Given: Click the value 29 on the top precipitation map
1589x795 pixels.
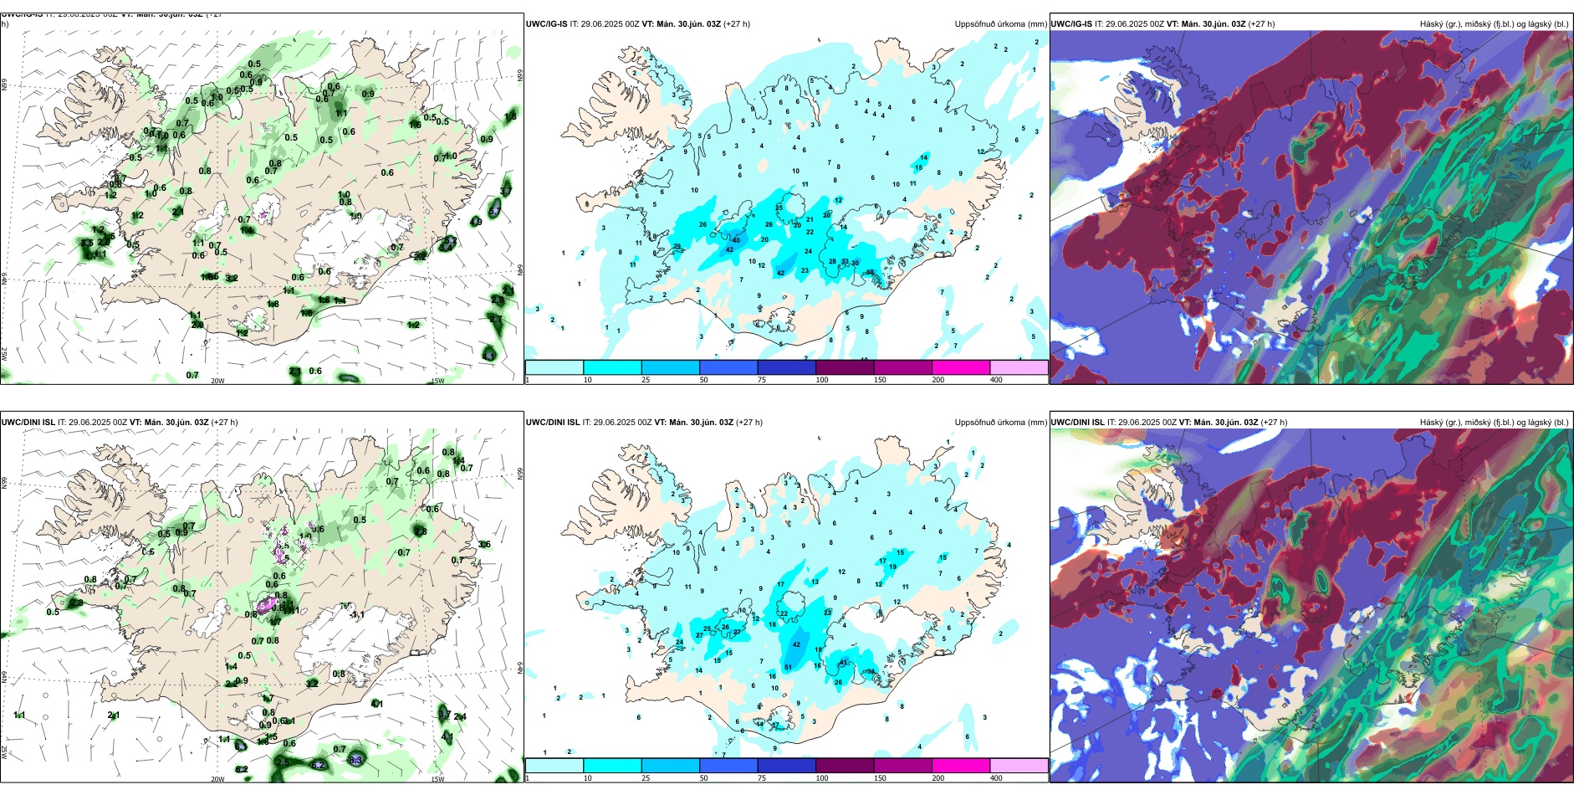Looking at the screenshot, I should tap(677, 246).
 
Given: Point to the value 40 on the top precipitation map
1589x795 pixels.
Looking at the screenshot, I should tap(736, 240).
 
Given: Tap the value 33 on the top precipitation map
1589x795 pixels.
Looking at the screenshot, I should tap(845, 262).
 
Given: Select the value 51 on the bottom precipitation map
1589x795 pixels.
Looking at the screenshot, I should tap(788, 667).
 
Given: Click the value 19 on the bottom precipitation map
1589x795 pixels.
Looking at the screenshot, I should tap(893, 567).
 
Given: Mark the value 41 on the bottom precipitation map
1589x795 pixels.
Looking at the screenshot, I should tap(844, 662).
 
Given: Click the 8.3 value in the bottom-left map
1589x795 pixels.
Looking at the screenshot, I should tap(355, 760).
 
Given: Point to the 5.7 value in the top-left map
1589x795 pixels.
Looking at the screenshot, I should tap(449, 243).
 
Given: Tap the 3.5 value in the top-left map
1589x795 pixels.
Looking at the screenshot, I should tap(87, 244).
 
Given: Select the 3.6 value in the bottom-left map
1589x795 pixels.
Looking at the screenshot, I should tap(484, 544).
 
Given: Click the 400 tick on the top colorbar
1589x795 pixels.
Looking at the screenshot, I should tap(996, 380).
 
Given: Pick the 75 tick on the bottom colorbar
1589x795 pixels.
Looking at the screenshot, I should tap(762, 778).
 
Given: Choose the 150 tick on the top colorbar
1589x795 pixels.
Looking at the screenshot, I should tap(880, 380).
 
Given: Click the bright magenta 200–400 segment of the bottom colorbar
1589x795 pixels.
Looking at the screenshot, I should tap(960, 766).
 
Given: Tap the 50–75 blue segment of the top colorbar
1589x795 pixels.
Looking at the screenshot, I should tap(728, 367).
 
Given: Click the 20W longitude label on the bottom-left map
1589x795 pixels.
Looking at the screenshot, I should tap(217, 779).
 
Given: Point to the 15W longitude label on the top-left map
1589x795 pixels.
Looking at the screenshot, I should tap(437, 381).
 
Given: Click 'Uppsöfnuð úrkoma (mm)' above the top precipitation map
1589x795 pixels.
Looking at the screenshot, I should tap(1000, 24).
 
